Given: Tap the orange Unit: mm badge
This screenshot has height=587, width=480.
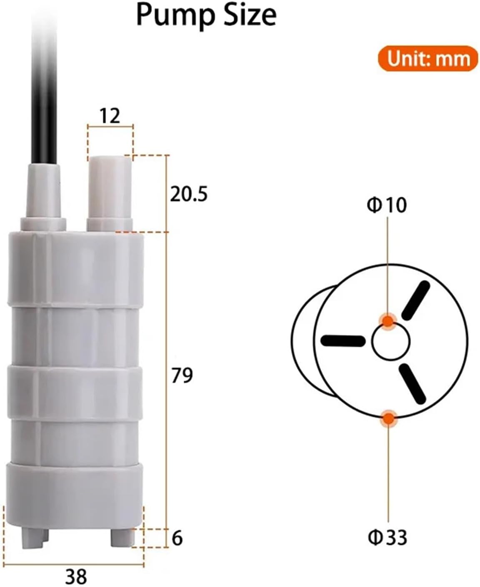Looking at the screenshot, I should (427, 58).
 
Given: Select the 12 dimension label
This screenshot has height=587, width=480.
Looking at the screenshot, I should (110, 116).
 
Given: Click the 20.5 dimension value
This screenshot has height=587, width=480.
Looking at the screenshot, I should (188, 194).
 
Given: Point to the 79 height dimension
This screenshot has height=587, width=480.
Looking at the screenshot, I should (182, 375).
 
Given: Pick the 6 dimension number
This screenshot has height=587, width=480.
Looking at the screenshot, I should (177, 538).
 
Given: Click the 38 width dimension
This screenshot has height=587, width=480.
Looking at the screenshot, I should (76, 577).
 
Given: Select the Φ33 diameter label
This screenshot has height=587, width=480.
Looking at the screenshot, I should (387, 537).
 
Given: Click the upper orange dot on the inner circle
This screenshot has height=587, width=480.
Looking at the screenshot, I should (388, 321).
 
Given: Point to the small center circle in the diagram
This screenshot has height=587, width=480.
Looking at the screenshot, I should (391, 342).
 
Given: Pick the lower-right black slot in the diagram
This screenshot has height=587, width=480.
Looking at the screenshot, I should (412, 383).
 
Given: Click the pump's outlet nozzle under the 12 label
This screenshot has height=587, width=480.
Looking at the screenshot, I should (110, 192).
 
